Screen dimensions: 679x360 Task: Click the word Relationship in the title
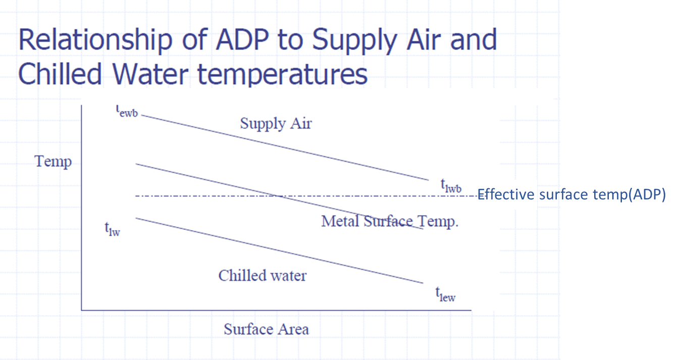tap(95, 41)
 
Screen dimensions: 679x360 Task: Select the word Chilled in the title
tap(60, 74)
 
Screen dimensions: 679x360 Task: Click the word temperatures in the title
tap(282, 75)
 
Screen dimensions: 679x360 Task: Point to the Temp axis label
tap(53, 162)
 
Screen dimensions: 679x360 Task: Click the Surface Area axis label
tap(266, 329)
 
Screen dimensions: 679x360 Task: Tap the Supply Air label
tap(276, 124)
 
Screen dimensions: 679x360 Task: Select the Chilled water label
tap(263, 276)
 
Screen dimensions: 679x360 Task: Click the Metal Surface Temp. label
tap(390, 221)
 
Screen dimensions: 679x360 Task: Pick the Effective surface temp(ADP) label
tap(571, 194)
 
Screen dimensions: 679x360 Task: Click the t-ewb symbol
tap(127, 111)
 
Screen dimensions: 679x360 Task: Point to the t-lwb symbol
tap(451, 186)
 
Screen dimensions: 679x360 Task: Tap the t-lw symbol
tap(113, 229)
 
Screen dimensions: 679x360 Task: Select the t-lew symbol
tap(446, 294)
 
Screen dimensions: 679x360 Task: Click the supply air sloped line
tap(285, 148)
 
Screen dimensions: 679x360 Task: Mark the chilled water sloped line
tap(279, 250)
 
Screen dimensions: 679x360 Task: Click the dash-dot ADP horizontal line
tap(306, 196)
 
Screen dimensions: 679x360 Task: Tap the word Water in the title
tap(150, 74)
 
